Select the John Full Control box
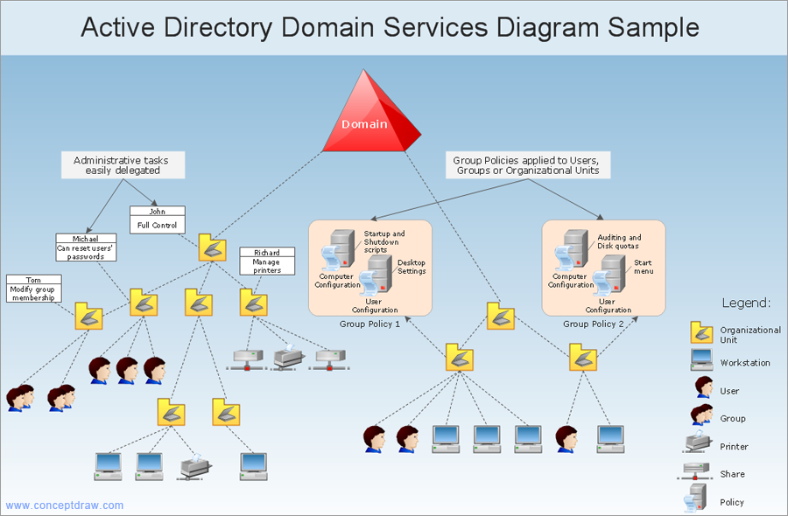coord(158,220)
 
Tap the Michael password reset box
coord(85,248)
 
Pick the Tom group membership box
coord(32,289)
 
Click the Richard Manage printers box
coord(267,261)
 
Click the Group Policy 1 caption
coord(369,324)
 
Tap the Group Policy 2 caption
coord(594,324)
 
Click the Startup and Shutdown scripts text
coord(384,241)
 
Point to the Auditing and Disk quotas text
coord(619,241)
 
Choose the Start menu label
coord(644,267)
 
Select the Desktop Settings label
coord(412,267)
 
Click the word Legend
coord(746,303)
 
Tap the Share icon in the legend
coord(700,472)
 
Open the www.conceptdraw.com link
coord(65,506)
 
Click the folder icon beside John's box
coord(211,248)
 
